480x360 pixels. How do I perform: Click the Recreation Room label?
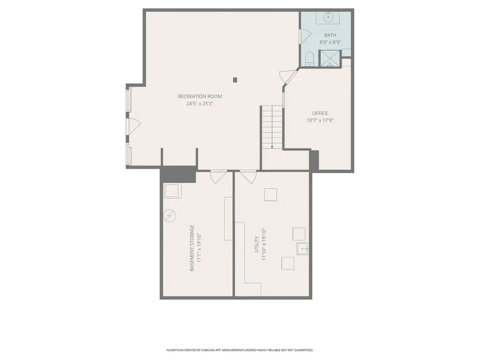[200, 97]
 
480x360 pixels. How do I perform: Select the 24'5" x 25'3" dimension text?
[200, 104]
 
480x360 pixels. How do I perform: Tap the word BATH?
[330, 35]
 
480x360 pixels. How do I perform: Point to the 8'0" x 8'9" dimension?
[330, 42]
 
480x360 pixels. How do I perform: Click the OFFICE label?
[320, 113]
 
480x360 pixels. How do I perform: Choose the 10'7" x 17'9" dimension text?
[320, 120]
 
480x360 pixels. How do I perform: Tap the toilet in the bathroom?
[309, 59]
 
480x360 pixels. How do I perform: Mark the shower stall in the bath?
[330, 59]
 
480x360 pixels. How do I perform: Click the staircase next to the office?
[272, 127]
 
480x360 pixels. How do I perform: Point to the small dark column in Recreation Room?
[235, 80]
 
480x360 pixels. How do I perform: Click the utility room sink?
[302, 248]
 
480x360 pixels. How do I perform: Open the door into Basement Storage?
[218, 176]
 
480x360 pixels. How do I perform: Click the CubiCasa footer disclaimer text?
[240, 350]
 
